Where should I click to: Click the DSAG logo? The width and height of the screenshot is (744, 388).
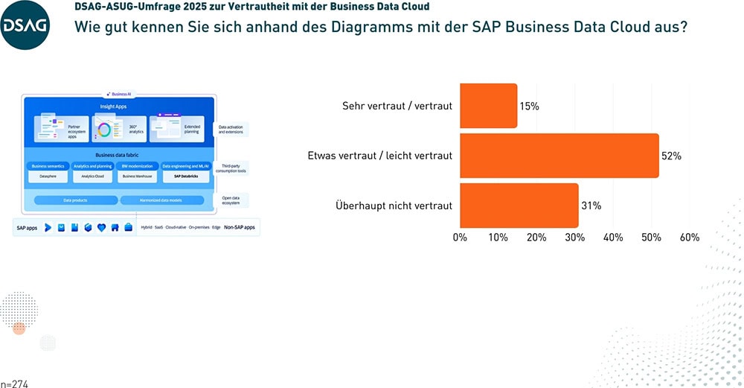point(25,25)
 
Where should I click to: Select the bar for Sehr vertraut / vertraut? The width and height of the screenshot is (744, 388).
point(488,106)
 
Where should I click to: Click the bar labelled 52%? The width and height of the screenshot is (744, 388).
point(559,156)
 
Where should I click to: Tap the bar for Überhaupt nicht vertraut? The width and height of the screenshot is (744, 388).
point(519,206)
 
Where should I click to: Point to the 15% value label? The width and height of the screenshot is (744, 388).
point(530,106)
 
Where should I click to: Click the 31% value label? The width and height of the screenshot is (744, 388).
point(591,206)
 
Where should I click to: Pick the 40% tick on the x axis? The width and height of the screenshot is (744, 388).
point(613,238)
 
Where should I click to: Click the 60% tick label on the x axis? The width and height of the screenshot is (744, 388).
point(690,238)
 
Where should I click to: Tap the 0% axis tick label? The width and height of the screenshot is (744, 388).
point(460,238)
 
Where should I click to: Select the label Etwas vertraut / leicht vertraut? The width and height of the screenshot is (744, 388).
point(379,156)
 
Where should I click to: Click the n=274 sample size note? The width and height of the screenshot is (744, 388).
point(14,383)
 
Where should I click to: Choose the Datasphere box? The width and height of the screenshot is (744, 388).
point(49,177)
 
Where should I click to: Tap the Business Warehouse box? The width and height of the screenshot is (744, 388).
point(138,177)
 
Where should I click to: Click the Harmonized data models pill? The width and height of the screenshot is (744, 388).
point(161,200)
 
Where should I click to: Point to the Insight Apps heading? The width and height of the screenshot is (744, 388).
point(115,107)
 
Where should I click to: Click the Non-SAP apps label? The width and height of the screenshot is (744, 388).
point(240,227)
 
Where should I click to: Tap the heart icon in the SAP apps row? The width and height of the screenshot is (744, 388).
point(101,227)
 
